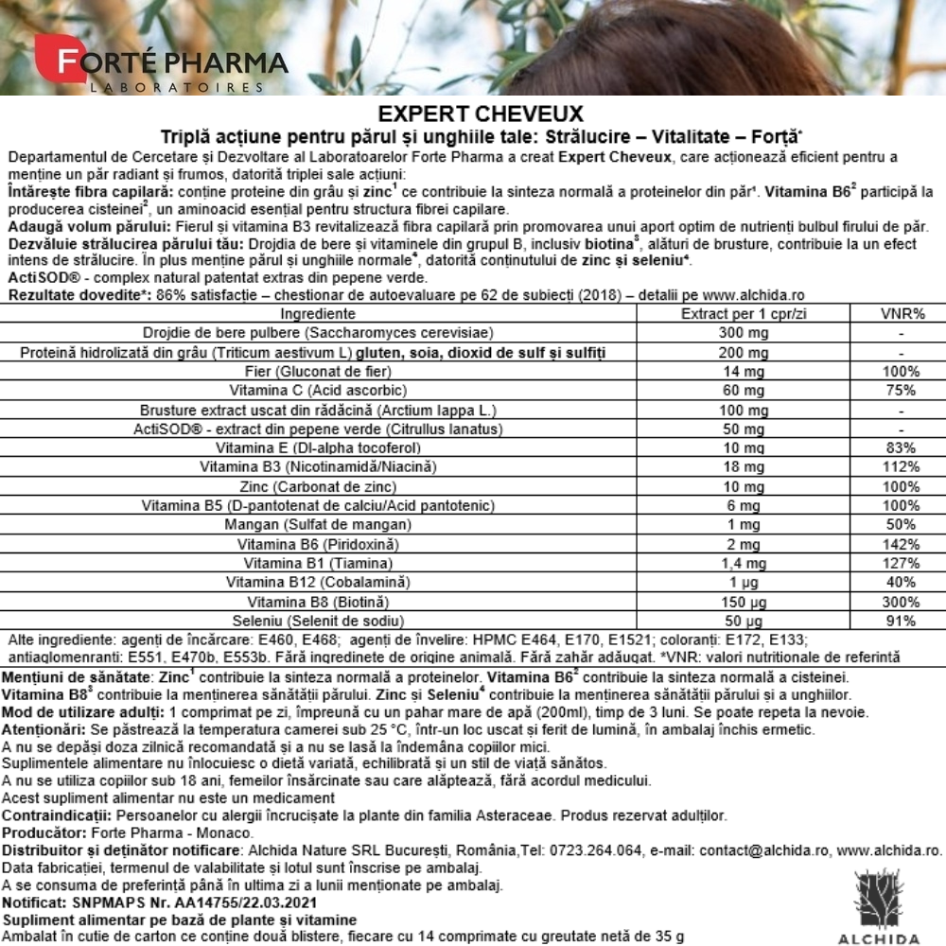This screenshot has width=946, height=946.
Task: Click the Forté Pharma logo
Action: coord(161,64)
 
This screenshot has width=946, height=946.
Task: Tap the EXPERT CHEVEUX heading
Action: coord(473,114)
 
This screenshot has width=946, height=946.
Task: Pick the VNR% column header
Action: coord(902,314)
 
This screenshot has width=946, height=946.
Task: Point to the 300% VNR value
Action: coord(902,602)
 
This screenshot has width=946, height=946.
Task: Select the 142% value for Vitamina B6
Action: coord(902,544)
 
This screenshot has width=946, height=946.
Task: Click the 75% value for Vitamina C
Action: coord(902,390)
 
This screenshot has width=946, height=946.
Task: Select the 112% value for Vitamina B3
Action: coord(902,466)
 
